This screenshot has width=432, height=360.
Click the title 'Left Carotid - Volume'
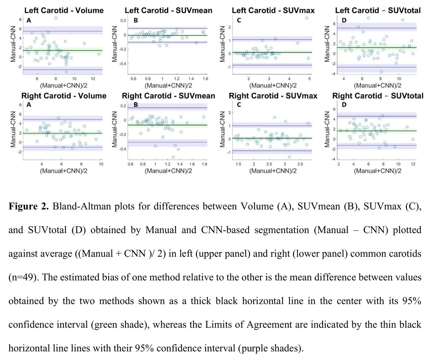click(64, 10)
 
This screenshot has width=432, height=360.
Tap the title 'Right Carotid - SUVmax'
click(273, 96)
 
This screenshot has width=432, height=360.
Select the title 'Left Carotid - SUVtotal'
click(378, 10)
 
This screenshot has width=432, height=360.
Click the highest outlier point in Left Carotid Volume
click(56, 18)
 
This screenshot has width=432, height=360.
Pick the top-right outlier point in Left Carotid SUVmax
click(307, 18)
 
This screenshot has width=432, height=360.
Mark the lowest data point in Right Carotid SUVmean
click(173, 157)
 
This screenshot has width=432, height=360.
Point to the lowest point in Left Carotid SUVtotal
click(381, 72)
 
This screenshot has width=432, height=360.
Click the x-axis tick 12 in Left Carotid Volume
click(93, 79)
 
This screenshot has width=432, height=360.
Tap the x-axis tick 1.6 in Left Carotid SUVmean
click(206, 79)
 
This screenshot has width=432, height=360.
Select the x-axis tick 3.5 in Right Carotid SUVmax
click(300, 164)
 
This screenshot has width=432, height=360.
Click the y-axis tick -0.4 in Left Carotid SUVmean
click(123, 63)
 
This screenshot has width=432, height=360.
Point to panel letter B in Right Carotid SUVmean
click(136, 105)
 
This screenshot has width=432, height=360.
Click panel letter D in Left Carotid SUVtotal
click(344, 20)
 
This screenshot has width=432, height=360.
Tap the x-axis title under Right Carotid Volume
click(64, 171)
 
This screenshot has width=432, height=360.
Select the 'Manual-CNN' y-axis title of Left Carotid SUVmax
click(222, 44)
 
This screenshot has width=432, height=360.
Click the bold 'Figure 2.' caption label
click(29, 206)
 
